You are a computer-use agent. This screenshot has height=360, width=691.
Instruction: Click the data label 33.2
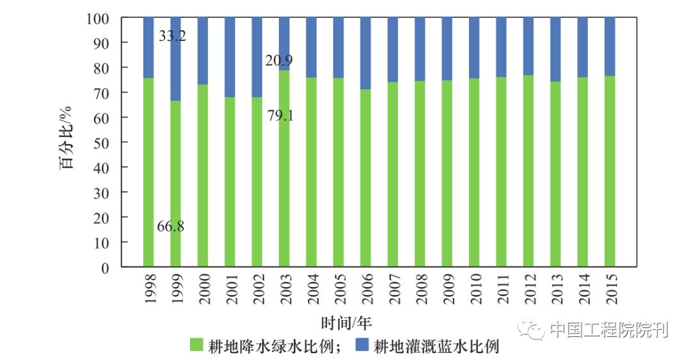click(x=172, y=36)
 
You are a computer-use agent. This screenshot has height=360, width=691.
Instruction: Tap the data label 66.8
click(x=171, y=226)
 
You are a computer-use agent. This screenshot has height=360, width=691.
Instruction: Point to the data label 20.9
click(x=279, y=61)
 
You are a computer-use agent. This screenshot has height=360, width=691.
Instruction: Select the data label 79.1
click(x=279, y=116)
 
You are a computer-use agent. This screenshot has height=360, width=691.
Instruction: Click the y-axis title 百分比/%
click(x=67, y=143)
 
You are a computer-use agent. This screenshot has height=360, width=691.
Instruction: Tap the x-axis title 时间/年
click(x=346, y=322)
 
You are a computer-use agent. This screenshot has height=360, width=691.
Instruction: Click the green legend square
click(x=197, y=346)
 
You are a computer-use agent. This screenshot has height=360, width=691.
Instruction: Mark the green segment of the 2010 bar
click(x=474, y=173)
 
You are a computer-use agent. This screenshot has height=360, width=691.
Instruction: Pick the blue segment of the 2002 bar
click(x=257, y=58)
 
